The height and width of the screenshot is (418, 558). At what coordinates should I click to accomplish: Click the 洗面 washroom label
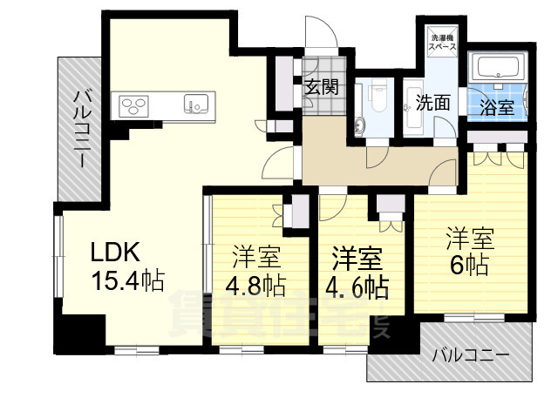point(432,102)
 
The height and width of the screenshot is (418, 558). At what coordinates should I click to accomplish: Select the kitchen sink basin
point(194,104)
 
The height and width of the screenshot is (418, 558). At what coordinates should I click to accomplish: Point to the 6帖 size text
point(471,264)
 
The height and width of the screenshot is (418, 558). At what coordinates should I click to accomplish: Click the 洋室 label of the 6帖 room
point(471,236)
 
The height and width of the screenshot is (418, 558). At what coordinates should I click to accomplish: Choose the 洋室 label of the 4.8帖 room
point(256,258)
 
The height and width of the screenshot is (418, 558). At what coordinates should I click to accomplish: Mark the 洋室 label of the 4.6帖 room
point(358,258)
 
